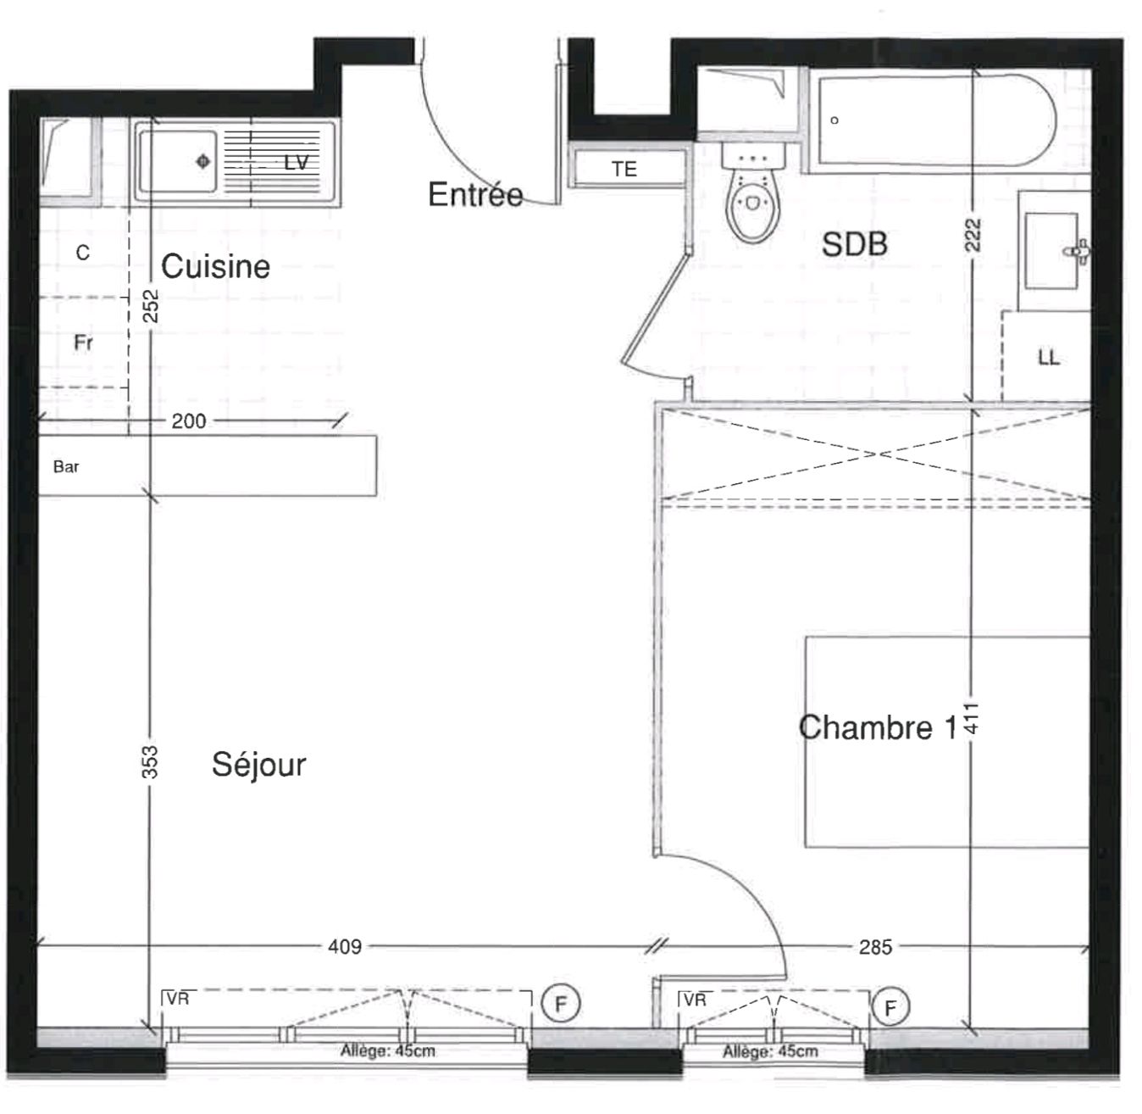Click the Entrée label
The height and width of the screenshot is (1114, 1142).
(475, 194)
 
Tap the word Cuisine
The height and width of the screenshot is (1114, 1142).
(215, 266)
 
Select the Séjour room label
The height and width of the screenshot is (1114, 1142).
(258, 764)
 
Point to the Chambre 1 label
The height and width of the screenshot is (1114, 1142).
(878, 727)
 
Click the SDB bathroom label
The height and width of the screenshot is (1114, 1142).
(855, 244)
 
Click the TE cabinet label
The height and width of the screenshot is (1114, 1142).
(624, 169)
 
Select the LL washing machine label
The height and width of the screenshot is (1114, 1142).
(1049, 358)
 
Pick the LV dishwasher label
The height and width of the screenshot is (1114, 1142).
(297, 163)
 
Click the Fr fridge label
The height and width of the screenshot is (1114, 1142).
(83, 343)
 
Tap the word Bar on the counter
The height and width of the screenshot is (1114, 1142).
(66, 467)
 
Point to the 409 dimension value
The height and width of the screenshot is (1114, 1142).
(345, 947)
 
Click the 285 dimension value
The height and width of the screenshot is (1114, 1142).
(876, 947)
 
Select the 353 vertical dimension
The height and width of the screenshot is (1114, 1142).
(150, 762)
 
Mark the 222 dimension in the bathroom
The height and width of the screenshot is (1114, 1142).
(973, 235)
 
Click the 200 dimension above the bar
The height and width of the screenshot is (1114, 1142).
(188, 421)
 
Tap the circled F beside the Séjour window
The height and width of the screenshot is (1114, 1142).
(561, 1004)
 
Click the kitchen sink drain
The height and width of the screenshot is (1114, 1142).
(203, 161)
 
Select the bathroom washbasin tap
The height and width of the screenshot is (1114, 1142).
(1078, 252)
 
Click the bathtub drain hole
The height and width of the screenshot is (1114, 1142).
(834, 120)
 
